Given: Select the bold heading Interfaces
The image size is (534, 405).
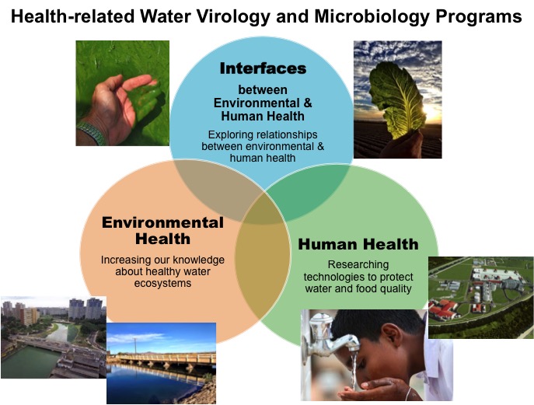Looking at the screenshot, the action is point(263,68).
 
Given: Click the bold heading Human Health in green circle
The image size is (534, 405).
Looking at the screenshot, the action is point(358,244).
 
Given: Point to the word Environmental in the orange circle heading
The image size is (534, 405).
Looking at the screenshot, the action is point(162,222).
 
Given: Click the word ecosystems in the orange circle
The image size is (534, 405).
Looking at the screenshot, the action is point(162,283).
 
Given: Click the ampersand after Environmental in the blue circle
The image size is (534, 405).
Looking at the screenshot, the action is point(308,103).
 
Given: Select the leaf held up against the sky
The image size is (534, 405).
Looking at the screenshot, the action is point(398,100).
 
